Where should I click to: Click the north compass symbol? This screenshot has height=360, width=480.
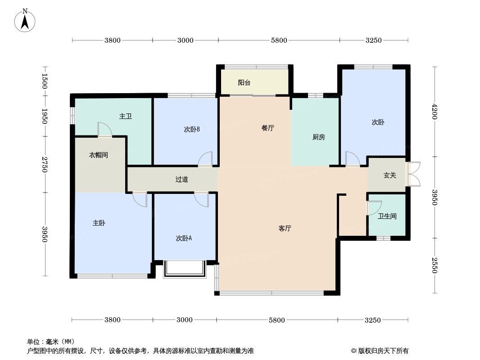(x=25, y=20)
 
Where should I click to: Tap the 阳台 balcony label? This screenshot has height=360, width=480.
(x=244, y=83)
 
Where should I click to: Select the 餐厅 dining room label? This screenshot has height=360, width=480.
(x=268, y=128)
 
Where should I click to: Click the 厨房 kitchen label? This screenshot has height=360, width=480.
(x=318, y=137)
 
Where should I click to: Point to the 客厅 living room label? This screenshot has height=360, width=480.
(x=285, y=229)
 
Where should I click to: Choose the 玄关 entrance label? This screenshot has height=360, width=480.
(x=389, y=175)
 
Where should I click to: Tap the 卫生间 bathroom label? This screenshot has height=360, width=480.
(x=387, y=216)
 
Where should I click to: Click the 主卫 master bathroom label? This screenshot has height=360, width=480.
(x=126, y=117)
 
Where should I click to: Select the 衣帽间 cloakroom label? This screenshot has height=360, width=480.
(x=98, y=155)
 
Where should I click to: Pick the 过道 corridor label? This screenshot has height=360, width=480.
(x=181, y=180)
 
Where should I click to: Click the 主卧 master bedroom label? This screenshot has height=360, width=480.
(x=99, y=223)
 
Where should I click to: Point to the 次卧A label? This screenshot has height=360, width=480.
(x=184, y=238)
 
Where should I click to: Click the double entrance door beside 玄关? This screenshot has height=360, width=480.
(x=414, y=174)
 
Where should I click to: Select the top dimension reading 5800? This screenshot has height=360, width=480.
(x=279, y=40)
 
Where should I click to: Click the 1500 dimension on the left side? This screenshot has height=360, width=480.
(x=45, y=81)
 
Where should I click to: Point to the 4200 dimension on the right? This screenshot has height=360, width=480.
(x=434, y=111)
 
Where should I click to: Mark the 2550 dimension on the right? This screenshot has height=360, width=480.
(x=434, y=265)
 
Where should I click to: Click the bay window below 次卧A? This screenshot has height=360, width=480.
(x=184, y=269)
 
